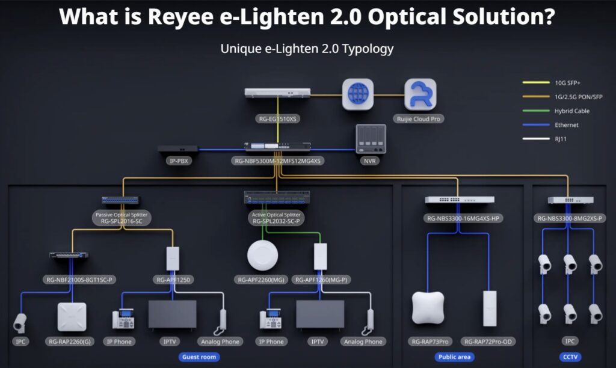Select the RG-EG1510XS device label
coord(277,119)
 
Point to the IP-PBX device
coord(177,149)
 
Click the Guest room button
coord(199,357)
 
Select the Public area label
coord(454,357)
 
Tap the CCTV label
coord(570,357)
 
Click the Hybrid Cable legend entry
coord(571,111)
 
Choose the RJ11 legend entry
coord(562,139)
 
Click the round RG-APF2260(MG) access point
coord(262,256)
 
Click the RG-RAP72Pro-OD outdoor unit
coord(489,308)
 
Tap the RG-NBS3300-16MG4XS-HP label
coord(460,219)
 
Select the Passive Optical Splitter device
coord(120,200)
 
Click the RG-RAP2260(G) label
coord(72,342)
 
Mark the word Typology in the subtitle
coord(368,48)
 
